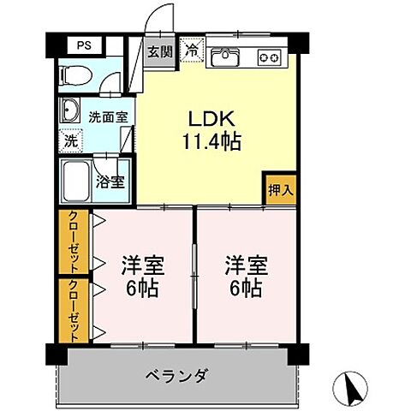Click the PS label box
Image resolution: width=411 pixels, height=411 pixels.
point(83,45)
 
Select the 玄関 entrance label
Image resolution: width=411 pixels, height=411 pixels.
point(159,52)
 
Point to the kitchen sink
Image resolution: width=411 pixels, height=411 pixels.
point(226,57)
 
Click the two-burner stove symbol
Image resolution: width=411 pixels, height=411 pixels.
point(270,57)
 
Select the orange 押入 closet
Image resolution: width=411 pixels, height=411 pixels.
point(278,190)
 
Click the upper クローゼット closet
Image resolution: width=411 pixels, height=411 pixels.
point(72,243)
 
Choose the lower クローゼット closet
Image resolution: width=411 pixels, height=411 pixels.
point(72,310)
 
